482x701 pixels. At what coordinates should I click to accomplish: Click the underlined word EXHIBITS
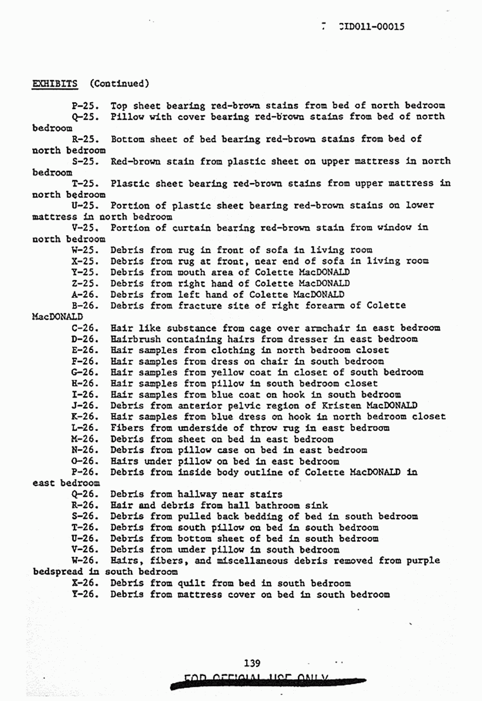point(55,83)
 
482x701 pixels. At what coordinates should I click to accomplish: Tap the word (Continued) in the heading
point(119,83)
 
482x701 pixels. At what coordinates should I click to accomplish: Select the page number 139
point(252,663)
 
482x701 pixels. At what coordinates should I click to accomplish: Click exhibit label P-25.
point(85,106)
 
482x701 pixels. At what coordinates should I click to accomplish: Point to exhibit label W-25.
point(85,250)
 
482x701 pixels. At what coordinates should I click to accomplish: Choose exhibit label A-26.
point(85,295)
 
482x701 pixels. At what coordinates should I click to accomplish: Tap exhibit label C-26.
point(85,328)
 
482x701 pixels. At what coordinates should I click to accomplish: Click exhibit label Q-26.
point(85,494)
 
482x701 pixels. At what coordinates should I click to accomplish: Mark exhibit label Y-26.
point(85,595)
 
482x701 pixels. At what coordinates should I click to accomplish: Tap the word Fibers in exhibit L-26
point(124,429)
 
